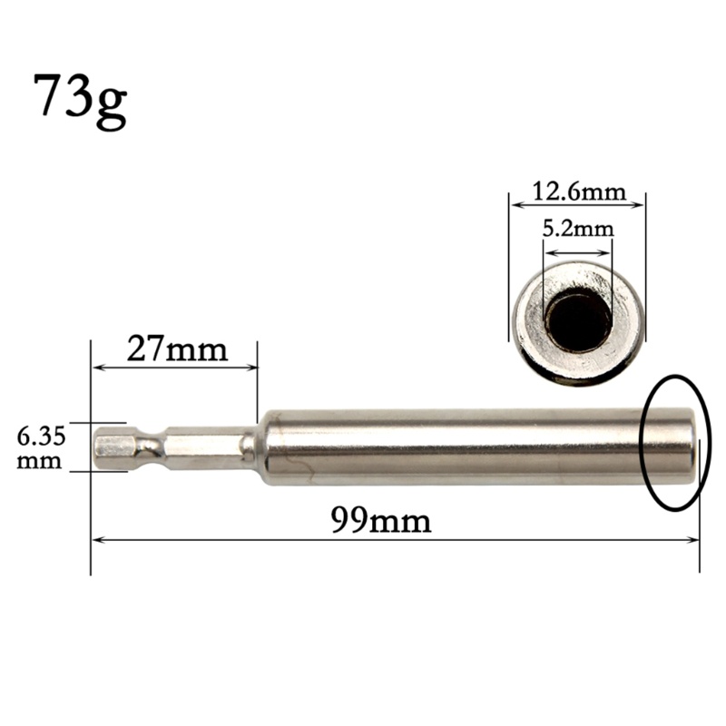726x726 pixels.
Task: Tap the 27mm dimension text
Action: coord(177,348)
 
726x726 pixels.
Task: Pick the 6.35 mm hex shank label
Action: coord(42,447)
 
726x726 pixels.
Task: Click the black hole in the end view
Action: coord(577,320)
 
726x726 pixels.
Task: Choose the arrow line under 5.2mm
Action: coord(577,252)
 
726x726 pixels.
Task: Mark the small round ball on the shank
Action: coord(247,445)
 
